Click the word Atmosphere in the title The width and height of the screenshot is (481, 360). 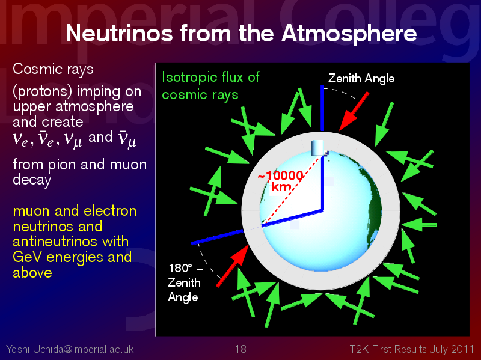349,34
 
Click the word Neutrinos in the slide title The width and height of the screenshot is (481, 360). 119,34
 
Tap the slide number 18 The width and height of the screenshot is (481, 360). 241,349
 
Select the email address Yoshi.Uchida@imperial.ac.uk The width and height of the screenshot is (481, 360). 70,349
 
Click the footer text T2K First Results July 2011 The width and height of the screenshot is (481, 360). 412,349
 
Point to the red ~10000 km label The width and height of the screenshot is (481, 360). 281,182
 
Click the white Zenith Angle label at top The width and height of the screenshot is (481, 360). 361,79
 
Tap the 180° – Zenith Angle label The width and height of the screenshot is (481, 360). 185,282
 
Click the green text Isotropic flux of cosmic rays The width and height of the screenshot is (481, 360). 210,85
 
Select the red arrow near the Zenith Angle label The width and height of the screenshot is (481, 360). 354,112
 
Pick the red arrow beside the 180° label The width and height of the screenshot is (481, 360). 233,266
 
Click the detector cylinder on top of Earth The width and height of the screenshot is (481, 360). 317,148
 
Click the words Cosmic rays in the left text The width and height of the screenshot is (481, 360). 53,69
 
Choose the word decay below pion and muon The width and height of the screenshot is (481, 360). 32,180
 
